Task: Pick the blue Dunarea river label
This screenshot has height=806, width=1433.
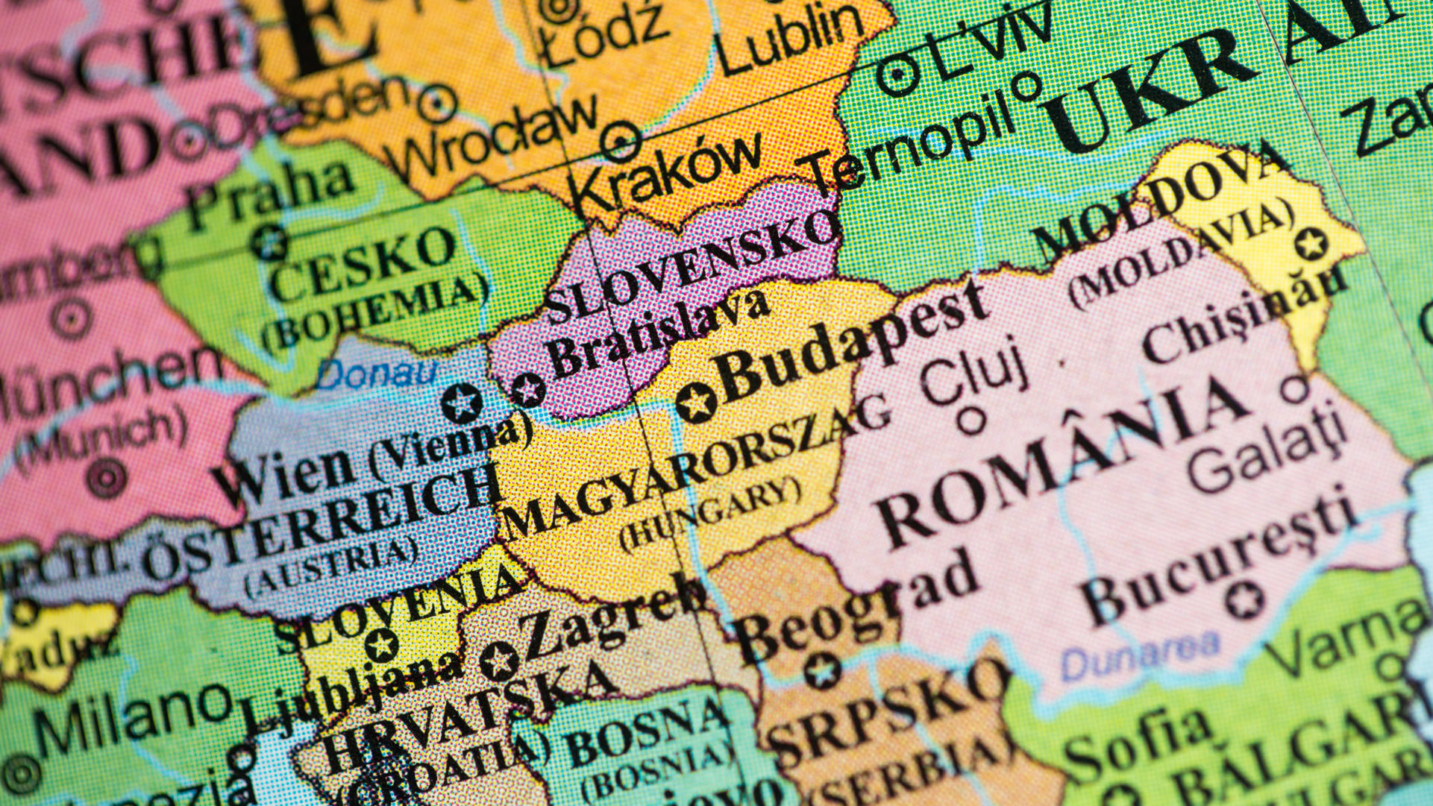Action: [x=1141, y=654]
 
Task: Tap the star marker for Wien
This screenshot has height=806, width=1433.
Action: [x=462, y=403]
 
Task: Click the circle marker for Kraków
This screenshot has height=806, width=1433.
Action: [x=620, y=141]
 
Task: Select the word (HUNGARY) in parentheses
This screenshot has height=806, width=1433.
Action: [x=709, y=514]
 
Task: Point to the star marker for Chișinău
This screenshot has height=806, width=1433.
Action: [x=1310, y=243]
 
